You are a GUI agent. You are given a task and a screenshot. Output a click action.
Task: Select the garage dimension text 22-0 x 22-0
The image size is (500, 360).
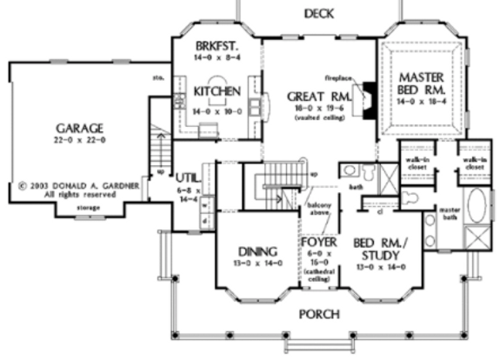(x=72, y=139)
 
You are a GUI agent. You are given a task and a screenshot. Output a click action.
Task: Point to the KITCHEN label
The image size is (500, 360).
(x=212, y=90)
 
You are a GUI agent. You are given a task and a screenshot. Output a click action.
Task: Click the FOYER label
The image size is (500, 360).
(x=315, y=241)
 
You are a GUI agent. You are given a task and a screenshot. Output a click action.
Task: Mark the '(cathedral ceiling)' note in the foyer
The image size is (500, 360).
(x=315, y=276)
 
